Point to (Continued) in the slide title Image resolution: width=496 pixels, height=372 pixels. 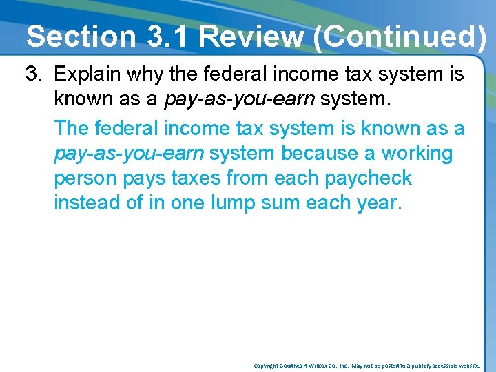tap(400, 36)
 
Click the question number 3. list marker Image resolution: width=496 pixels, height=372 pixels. tap(35, 74)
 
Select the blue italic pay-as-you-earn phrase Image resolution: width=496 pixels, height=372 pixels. tap(129, 153)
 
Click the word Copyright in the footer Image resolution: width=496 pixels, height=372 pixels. tap(266, 366)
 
